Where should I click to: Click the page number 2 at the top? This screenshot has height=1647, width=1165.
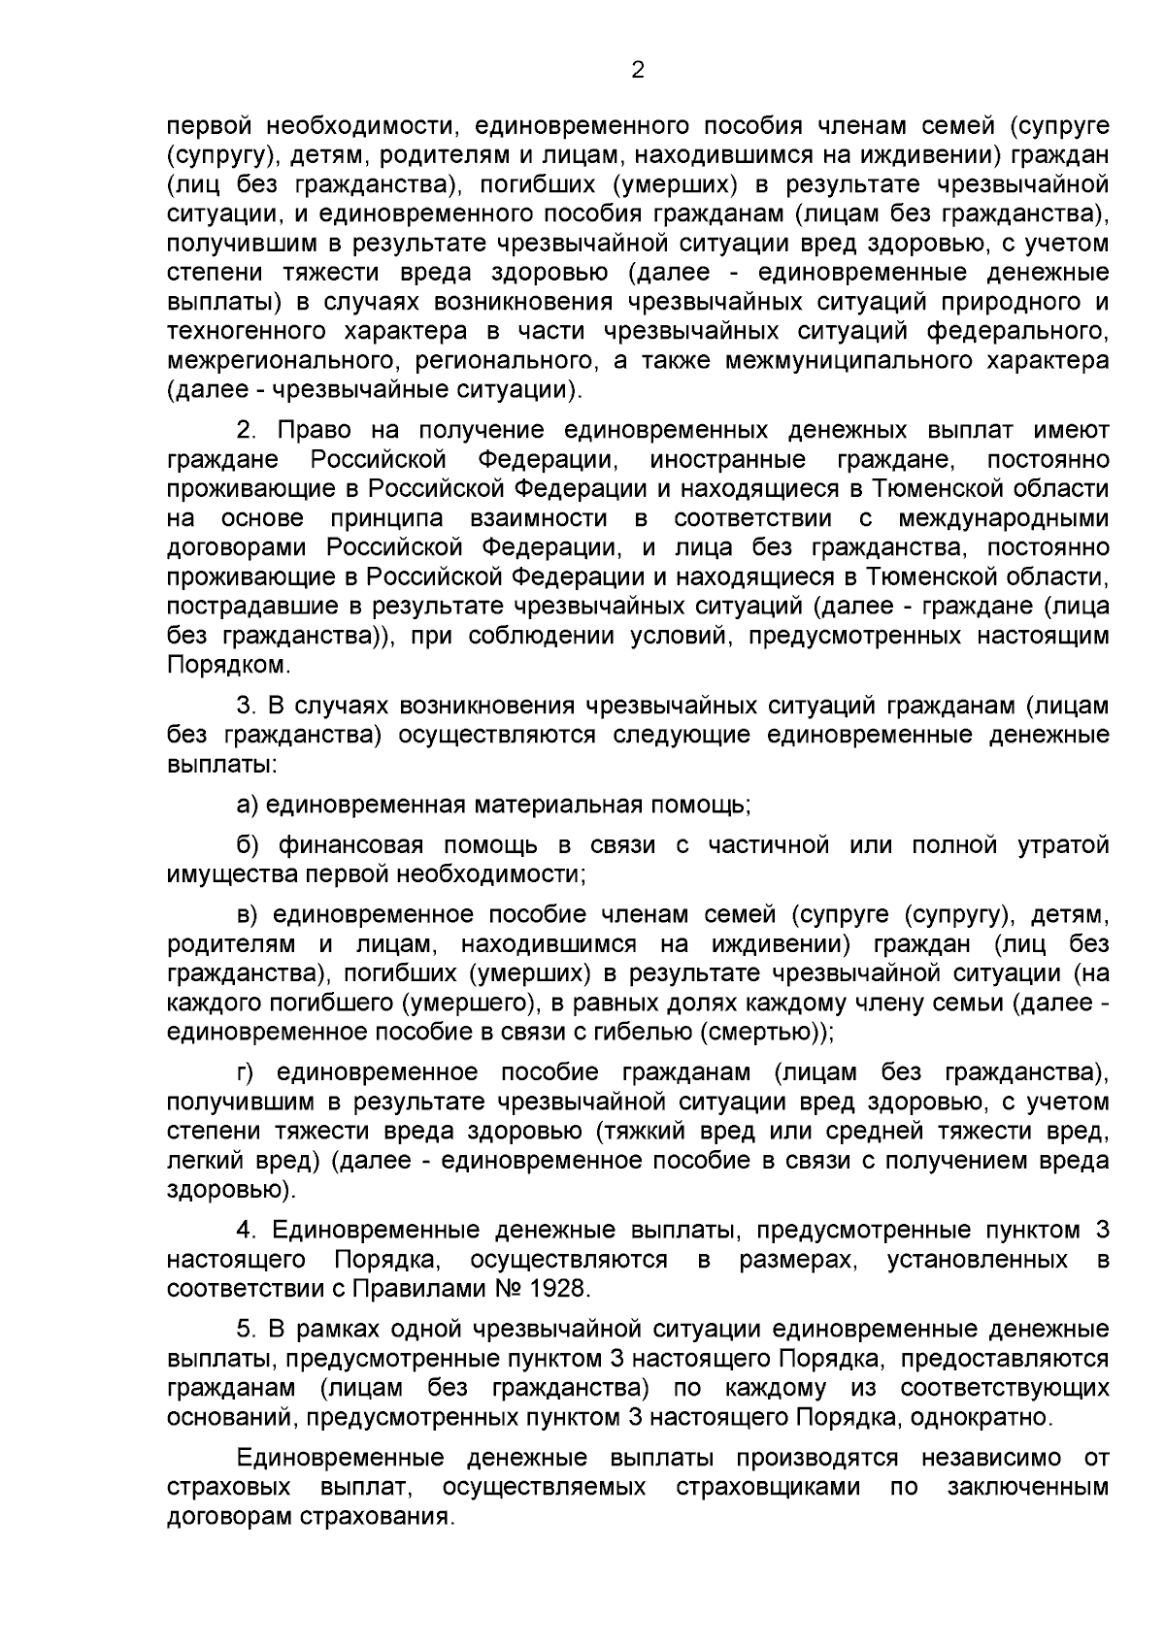637,70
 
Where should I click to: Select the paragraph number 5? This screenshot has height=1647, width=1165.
244,1329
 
